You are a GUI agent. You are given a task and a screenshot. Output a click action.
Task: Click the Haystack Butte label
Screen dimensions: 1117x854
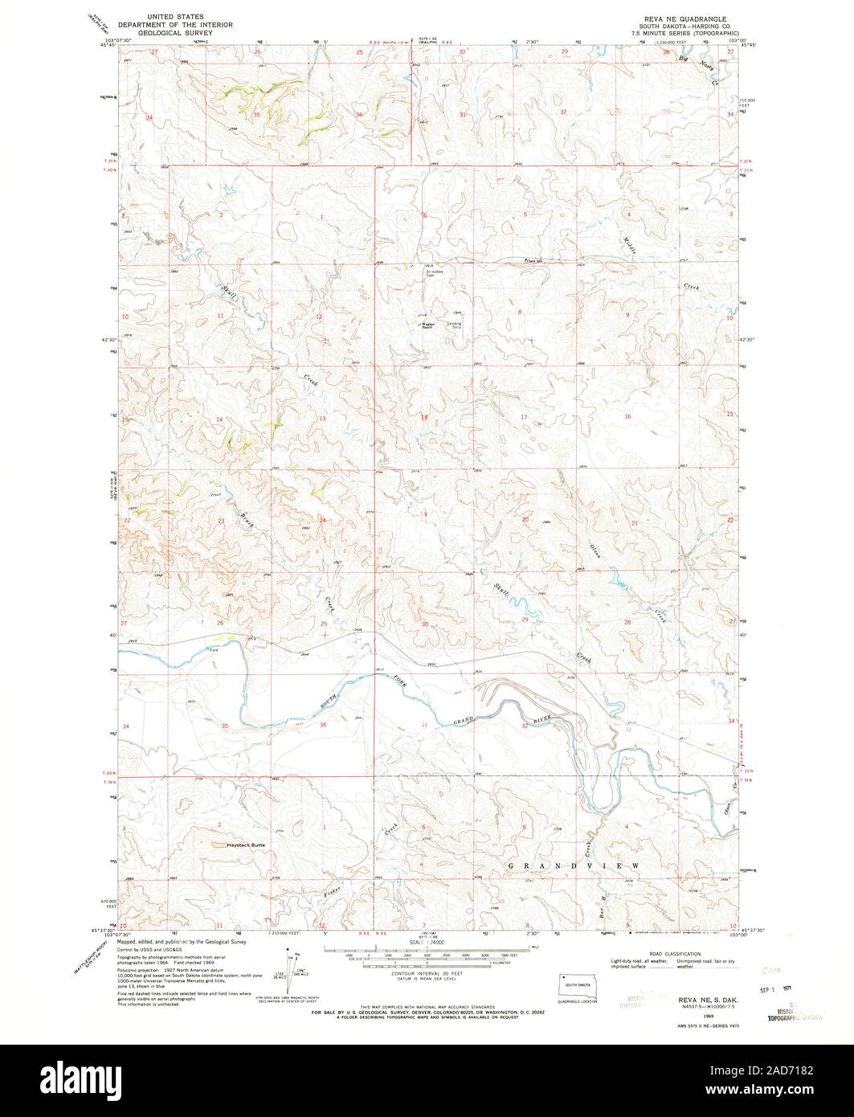coord(244,845)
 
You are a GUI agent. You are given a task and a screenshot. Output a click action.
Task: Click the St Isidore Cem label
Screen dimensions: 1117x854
coord(435,273)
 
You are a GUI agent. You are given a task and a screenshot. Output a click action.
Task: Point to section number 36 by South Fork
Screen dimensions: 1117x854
coord(323,726)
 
